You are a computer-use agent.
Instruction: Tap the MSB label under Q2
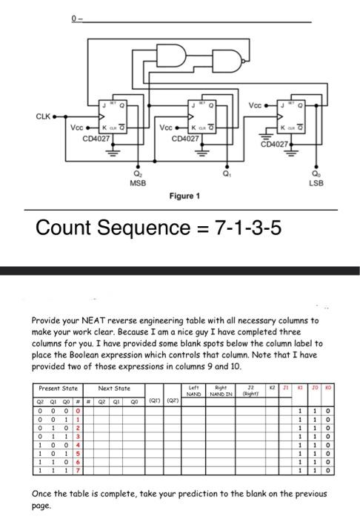tap(136, 182)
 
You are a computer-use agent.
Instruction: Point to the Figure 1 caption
tap(185, 196)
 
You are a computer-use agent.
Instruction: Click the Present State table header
tap(58, 387)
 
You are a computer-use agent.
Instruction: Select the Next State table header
tap(115, 387)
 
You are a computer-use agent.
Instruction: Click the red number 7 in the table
tap(76, 471)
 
